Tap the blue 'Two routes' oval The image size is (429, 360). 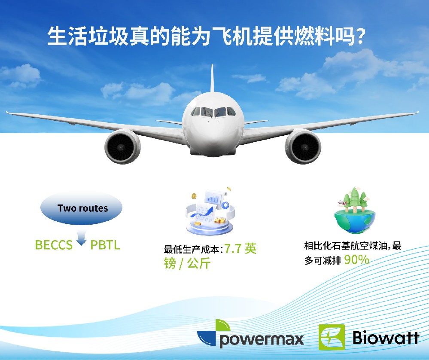tap(82, 208)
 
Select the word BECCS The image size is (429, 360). tap(54, 245)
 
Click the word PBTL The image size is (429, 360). tap(105, 245)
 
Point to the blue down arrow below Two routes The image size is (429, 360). tap(82, 239)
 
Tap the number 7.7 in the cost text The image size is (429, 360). tap(233, 249)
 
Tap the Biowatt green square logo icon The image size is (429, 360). tap(331, 337)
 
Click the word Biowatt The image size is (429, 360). tap(385, 337)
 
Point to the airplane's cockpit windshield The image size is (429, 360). tap(213, 112)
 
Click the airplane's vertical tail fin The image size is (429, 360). tap(212, 79)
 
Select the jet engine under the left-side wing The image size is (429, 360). tap(122, 147)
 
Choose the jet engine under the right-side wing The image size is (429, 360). tap(303, 146)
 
